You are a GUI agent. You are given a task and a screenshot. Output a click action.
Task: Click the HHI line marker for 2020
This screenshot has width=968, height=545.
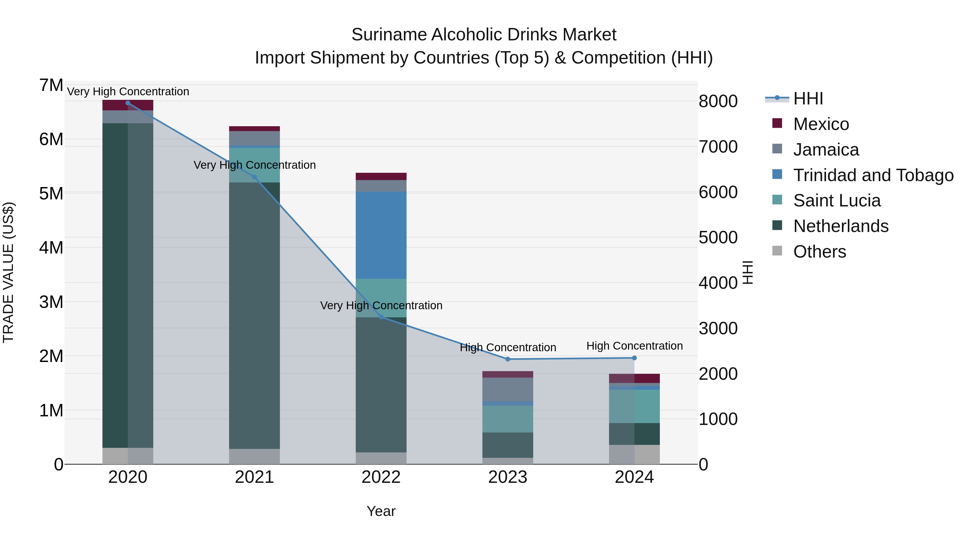tap(128, 103)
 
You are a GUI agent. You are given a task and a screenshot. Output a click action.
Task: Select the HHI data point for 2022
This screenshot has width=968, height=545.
tap(381, 317)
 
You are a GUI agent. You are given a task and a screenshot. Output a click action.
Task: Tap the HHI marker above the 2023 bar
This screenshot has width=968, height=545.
tap(508, 359)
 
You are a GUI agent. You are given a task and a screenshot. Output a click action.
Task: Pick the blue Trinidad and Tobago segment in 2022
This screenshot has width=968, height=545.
tap(381, 235)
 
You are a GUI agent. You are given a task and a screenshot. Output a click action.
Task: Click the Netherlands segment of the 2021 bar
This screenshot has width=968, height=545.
tap(254, 316)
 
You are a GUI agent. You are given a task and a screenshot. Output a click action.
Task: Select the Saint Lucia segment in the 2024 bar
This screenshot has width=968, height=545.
tap(634, 406)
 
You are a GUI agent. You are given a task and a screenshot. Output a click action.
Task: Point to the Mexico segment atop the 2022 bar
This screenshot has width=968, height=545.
tap(381, 176)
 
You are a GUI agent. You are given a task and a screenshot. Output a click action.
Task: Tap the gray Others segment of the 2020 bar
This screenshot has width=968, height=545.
tap(128, 456)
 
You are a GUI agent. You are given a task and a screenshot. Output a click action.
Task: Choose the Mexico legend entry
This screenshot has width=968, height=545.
tap(821, 124)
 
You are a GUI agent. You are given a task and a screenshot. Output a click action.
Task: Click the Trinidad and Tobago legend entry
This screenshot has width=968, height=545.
tap(873, 175)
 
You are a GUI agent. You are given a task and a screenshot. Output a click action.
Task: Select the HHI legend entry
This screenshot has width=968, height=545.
tap(808, 99)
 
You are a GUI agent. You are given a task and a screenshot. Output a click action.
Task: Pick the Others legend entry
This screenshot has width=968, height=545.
tap(819, 252)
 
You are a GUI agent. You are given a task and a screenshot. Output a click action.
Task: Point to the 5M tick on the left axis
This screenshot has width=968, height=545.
tap(51, 194)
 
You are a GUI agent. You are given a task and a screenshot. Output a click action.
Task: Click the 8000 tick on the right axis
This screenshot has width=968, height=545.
tap(718, 101)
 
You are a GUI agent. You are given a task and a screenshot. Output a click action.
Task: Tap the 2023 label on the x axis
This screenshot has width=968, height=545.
tap(508, 477)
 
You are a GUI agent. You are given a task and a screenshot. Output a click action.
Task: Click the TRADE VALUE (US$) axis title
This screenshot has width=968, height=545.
tap(8, 272)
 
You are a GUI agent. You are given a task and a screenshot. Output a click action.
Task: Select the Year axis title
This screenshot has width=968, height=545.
tap(381, 511)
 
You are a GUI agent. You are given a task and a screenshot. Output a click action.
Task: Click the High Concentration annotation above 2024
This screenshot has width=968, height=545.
tap(634, 346)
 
